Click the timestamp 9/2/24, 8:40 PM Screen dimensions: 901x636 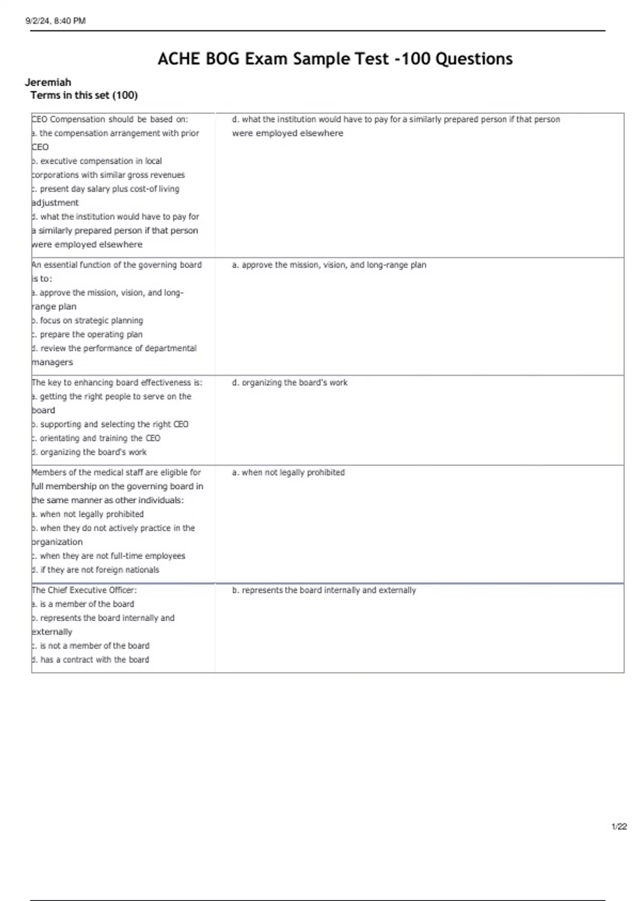point(56,21)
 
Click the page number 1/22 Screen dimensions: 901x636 point(619,826)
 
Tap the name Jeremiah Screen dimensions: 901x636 point(48,82)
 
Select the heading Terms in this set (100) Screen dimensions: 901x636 point(84,95)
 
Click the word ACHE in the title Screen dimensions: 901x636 point(179,58)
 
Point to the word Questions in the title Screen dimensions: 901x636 point(474,58)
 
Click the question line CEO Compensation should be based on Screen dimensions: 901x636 point(110,119)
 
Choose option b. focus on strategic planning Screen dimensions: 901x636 point(87,321)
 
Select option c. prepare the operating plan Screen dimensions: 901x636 point(87,334)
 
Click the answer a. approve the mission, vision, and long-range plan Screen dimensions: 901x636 point(329,265)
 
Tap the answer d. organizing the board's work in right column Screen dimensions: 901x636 point(289,383)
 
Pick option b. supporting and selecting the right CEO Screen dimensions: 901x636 point(110,425)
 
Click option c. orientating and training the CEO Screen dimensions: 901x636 point(96,438)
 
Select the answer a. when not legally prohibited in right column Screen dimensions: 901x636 point(288,472)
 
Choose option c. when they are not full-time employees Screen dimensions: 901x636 point(109,556)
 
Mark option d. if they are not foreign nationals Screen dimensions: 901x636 point(95,570)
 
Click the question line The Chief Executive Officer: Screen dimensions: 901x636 point(84,590)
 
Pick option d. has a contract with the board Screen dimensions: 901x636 point(91,660)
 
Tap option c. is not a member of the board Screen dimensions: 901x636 point(91,646)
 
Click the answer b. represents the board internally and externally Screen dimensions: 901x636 point(323,590)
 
